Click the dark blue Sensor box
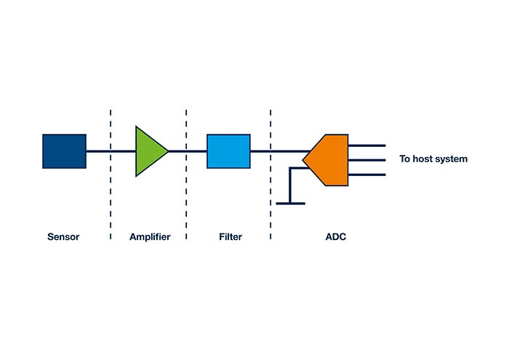(x=64, y=151)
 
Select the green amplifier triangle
(x=148, y=151)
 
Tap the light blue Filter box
(x=228, y=151)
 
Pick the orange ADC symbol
(x=329, y=159)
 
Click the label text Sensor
(x=63, y=237)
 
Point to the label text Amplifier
(x=150, y=237)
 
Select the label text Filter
(x=231, y=237)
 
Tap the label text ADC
(x=335, y=237)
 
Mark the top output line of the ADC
(x=366, y=145)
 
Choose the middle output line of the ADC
(x=366, y=160)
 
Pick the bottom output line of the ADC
(x=366, y=175)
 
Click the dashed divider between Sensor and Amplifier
(x=111, y=196)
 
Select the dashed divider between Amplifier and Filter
(x=186, y=196)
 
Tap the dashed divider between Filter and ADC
(x=270, y=196)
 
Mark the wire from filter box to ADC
(x=280, y=151)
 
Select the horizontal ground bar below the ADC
(x=290, y=203)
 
